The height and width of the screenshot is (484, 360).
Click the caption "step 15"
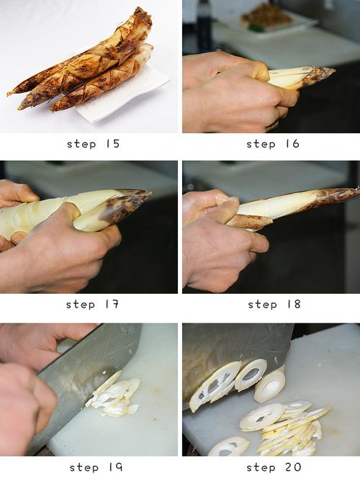pos(93,144)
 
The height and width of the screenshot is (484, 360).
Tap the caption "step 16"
pos(273,144)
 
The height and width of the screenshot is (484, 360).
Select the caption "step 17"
pos(93,305)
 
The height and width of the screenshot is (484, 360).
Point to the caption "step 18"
pos(274,305)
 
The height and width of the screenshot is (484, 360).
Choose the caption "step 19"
pos(96,467)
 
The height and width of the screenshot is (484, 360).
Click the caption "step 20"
pos(274,467)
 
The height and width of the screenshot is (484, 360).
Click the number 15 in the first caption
pos(112,144)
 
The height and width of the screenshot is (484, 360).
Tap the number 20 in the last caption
pos(293,467)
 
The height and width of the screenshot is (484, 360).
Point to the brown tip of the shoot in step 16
pos(321,75)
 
